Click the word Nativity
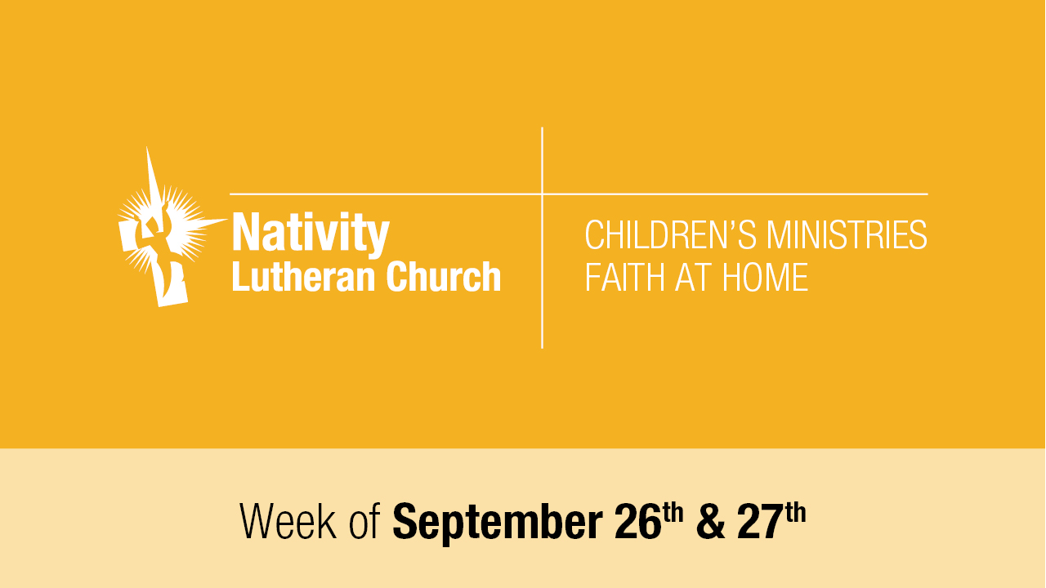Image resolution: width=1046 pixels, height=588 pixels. coord(311,234)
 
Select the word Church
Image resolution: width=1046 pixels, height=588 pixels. coord(444,277)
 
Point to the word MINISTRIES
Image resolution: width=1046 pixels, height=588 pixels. coord(847,235)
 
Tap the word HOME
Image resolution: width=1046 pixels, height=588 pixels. coord(766,277)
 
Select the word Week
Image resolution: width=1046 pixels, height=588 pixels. coord(288,521)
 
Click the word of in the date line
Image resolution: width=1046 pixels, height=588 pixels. coord(364,521)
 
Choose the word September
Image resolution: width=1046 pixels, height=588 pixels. coord(498,523)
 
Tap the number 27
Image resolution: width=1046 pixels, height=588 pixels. coord(761,522)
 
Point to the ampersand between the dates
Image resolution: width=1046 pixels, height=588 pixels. coord(711,522)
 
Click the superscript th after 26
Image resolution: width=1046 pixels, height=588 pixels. coord(673,512)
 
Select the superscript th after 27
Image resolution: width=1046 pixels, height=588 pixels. coord(796,512)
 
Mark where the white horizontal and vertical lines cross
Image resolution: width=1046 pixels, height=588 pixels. coord(542,194)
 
